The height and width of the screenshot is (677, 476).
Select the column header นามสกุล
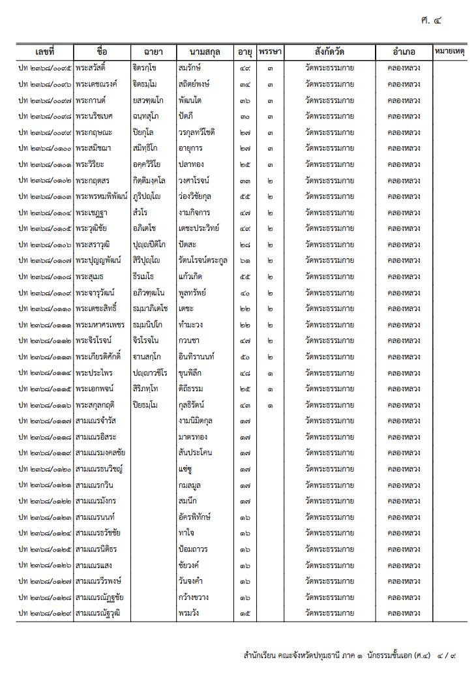(x=205, y=52)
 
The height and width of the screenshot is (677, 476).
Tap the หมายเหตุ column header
(x=449, y=52)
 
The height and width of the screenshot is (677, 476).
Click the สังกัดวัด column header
(x=329, y=52)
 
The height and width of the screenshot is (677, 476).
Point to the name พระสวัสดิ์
(x=91, y=68)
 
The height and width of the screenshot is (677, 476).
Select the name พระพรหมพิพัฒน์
(x=101, y=196)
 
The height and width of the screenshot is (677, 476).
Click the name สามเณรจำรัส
(x=95, y=421)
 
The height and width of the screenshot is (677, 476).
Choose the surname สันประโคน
(x=195, y=453)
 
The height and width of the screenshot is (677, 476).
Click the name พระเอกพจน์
(x=94, y=389)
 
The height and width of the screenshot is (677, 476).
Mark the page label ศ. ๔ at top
(x=431, y=20)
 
